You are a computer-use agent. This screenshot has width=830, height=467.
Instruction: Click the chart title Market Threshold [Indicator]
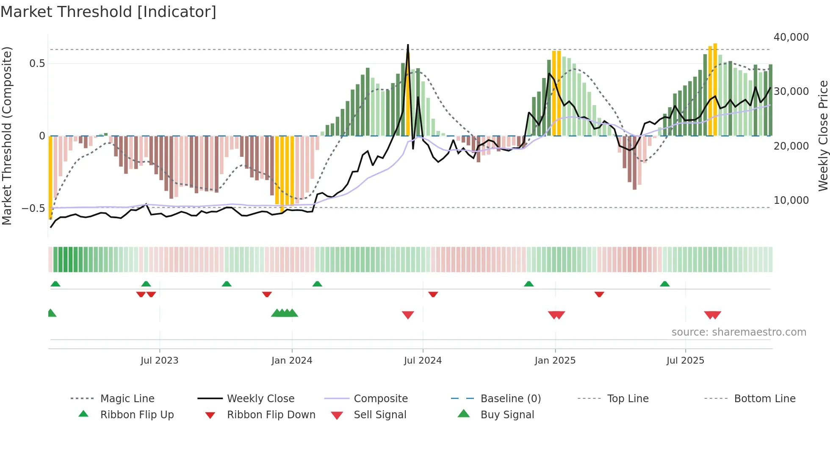(108, 12)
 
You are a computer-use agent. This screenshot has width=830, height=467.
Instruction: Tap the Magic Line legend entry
(127, 399)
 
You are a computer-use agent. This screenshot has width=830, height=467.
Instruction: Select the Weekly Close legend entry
(260, 399)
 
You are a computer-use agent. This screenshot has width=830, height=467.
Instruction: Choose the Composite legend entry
(380, 399)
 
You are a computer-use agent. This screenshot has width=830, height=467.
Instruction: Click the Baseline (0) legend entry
(510, 399)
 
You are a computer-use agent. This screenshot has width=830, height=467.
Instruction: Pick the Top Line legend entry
(628, 399)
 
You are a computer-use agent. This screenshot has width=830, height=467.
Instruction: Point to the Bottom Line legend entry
(764, 399)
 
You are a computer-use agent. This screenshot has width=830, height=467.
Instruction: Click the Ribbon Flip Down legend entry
(271, 415)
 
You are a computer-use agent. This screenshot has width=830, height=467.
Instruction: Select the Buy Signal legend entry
(507, 415)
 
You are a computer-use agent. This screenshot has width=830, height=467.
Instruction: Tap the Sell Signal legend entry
(380, 415)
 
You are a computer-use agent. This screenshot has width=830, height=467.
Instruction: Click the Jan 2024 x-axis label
(292, 361)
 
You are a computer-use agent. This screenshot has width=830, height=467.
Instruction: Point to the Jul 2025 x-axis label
(685, 361)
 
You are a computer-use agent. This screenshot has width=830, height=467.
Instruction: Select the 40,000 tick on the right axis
(791, 37)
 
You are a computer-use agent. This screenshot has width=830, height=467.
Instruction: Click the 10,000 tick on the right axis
(791, 200)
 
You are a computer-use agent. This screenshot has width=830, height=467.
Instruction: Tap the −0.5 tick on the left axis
(33, 208)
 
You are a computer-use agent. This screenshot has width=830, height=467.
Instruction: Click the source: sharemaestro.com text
(739, 332)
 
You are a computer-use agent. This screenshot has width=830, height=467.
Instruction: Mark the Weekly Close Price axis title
(823, 136)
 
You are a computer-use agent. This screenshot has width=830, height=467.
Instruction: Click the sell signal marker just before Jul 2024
(408, 315)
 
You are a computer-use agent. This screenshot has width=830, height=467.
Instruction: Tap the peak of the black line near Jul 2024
(408, 45)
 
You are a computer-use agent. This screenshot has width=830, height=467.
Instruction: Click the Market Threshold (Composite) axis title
(7, 136)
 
